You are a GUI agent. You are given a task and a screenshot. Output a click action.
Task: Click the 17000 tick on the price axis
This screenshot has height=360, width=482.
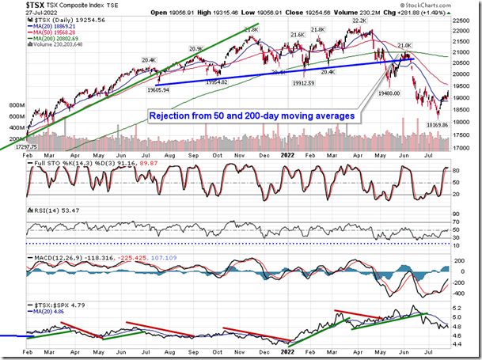467,148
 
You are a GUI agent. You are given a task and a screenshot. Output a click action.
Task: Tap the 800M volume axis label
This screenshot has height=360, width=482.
12,104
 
